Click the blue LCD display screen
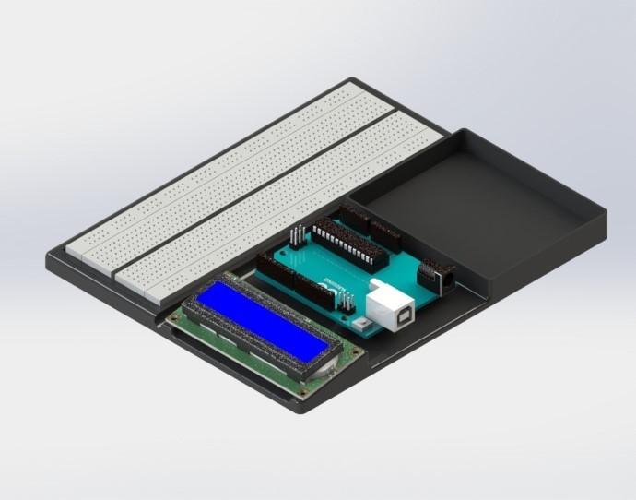click(x=263, y=322)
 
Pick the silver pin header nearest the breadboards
click(x=297, y=234)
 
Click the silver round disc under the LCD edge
click(x=328, y=370)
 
